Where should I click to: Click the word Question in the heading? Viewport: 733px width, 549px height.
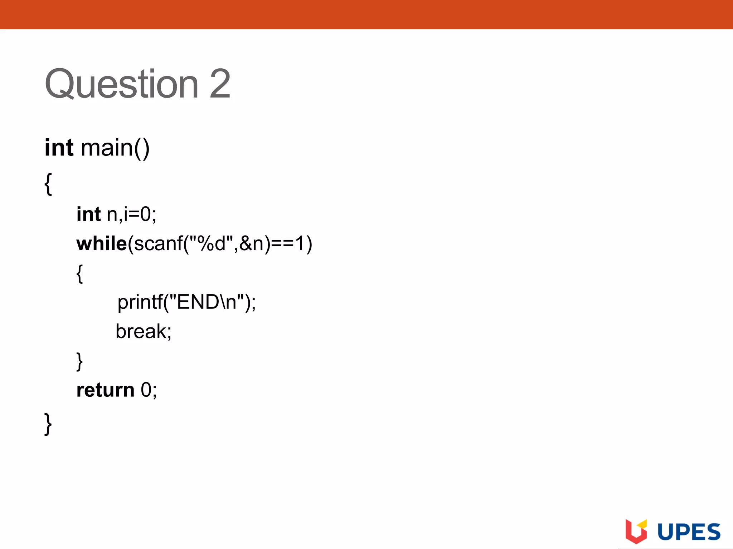coord(121,84)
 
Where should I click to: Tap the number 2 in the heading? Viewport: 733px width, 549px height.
coord(220,84)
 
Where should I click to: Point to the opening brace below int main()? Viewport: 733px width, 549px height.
coord(48,184)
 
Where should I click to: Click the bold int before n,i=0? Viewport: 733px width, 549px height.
coord(88,214)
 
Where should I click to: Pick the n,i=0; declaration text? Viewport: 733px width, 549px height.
coord(132,214)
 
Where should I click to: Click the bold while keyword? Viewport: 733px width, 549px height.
coord(102,244)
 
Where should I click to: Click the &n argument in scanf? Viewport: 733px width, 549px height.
coord(251,244)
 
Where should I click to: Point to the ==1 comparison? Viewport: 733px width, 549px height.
coord(288,244)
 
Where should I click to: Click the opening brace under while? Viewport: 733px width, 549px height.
coord(80,274)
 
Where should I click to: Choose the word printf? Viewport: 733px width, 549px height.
coord(140,302)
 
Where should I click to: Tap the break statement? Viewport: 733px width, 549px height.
coord(144,331)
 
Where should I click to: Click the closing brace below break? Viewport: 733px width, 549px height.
coord(79,361)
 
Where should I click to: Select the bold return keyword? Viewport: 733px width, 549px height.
coord(106,390)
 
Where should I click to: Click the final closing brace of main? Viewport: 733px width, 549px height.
coord(48,424)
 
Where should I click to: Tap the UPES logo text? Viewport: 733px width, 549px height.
coord(689,532)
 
